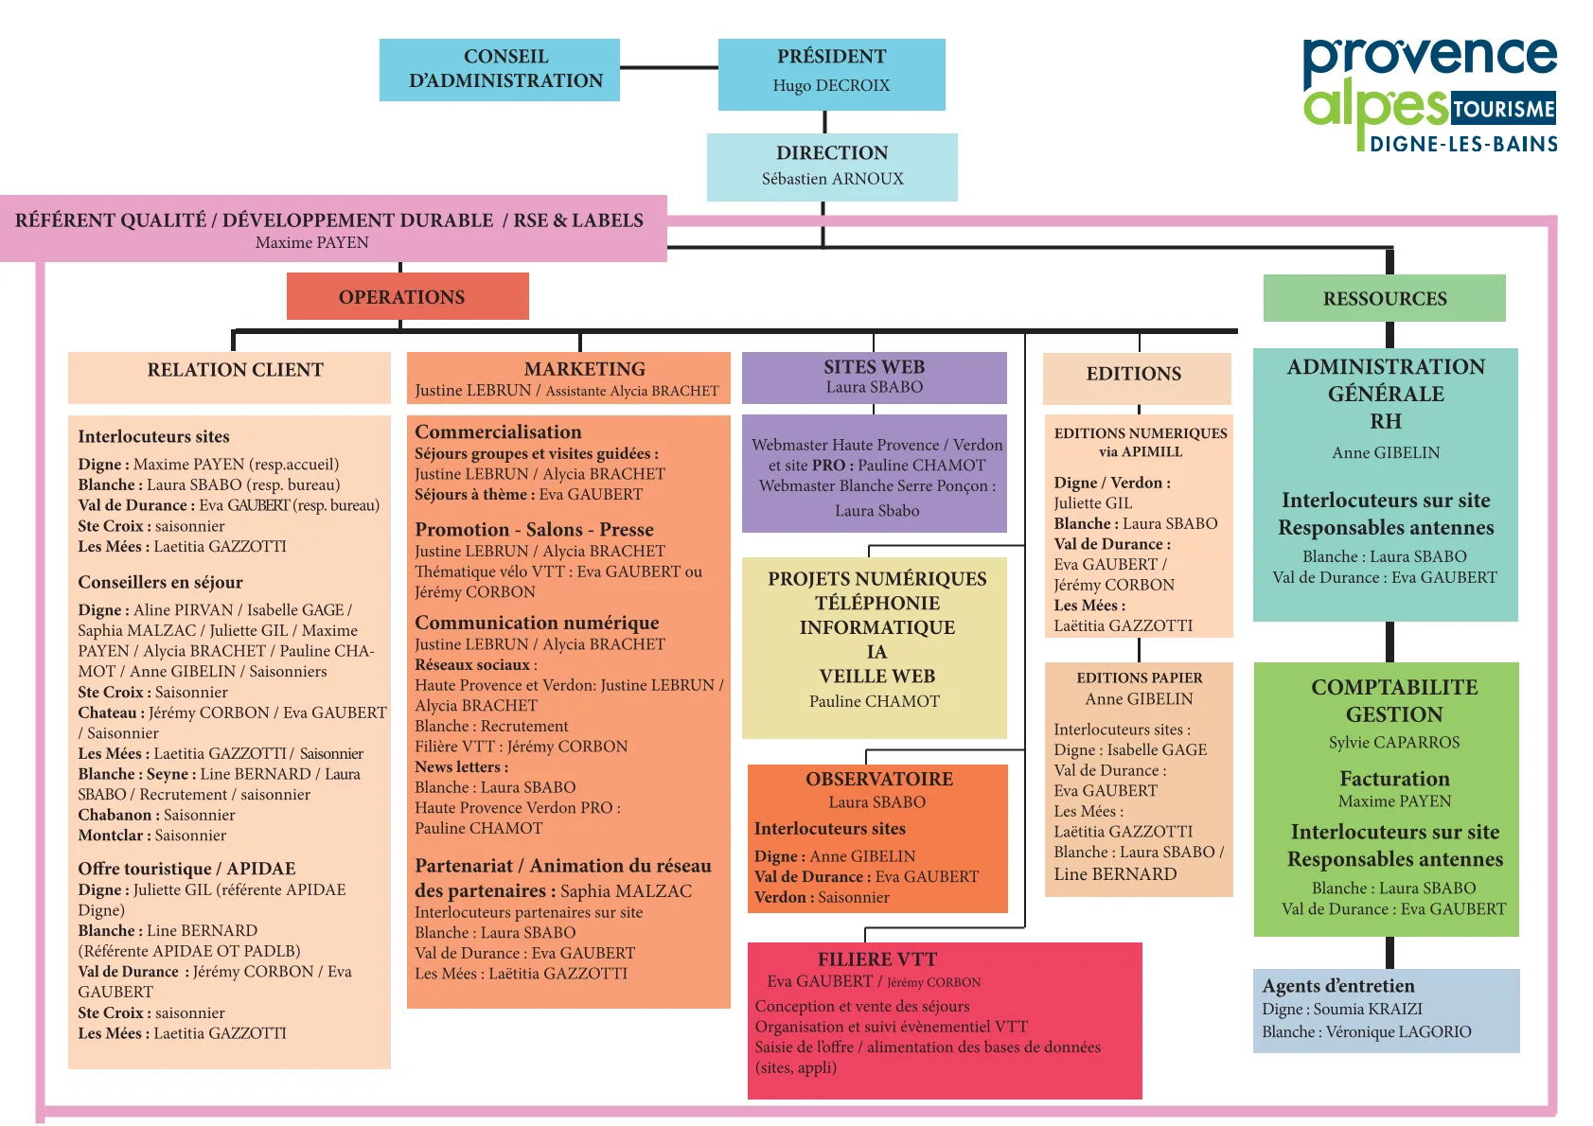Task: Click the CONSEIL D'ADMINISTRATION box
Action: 499,70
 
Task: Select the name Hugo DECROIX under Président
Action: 831,85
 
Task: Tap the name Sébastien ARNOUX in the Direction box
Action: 832,179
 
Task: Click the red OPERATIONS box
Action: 408,296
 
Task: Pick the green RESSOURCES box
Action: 1384,298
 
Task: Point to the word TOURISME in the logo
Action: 1503,109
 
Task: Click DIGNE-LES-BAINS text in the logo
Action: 1463,145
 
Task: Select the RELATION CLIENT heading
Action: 235,370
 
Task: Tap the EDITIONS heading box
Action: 1137,378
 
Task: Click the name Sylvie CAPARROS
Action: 1394,742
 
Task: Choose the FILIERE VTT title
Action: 876,959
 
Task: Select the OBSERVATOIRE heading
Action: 879,779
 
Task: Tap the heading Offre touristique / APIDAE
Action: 186,869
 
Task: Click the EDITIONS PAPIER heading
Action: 1139,677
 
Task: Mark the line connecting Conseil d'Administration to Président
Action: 668,67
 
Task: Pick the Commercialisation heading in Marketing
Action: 498,432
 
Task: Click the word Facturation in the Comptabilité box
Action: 1394,778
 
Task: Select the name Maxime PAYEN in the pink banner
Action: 311,242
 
